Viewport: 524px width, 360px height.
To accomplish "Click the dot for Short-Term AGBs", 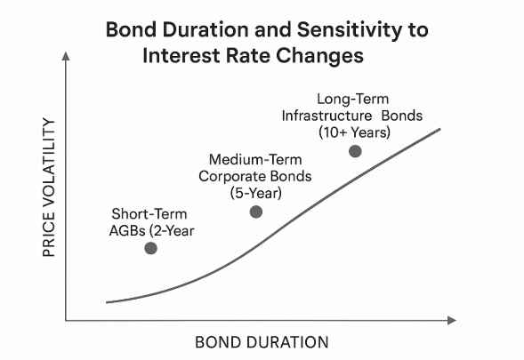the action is coord(151,248).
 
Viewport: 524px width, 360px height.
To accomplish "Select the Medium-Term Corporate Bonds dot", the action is coord(256,212).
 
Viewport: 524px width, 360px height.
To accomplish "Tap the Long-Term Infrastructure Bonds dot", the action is coord(355,151).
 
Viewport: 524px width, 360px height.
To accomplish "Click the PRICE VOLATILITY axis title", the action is coord(49,188).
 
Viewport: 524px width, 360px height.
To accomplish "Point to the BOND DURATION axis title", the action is coord(262,342).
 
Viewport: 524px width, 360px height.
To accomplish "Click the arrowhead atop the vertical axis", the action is coord(66,56).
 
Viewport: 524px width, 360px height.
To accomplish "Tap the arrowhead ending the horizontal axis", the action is coord(451,320).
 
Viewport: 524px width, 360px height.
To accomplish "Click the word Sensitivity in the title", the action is coord(350,31).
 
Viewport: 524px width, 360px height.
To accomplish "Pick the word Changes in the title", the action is coord(319,56).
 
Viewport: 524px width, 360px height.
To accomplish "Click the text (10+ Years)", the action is coord(354,132).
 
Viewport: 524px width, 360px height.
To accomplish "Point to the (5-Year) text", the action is coord(255,193).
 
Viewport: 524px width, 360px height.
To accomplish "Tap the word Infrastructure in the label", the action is coord(326,116).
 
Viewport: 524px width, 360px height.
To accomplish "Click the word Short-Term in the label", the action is coord(149,214).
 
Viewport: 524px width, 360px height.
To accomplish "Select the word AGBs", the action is coord(128,231).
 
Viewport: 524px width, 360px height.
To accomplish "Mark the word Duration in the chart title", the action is coord(206,29).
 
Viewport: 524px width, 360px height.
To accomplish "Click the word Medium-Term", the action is coord(255,159).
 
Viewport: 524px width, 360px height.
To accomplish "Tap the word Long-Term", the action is coord(353,100).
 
